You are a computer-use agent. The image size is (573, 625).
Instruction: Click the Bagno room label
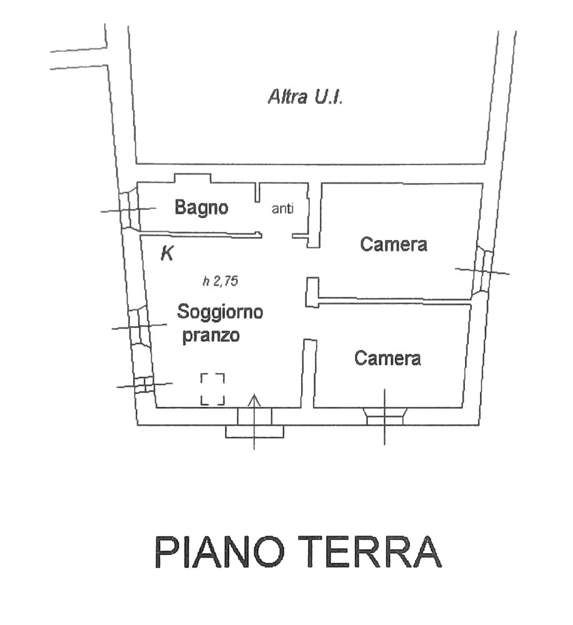tap(201, 208)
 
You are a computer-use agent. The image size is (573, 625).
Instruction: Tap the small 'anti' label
tap(282, 209)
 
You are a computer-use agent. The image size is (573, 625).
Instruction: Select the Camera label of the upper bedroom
tap(393, 244)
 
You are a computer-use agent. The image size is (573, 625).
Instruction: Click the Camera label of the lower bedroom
tap(387, 358)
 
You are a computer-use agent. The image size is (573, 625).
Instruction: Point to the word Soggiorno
tap(220, 312)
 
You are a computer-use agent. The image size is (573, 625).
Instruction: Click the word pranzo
tap(211, 336)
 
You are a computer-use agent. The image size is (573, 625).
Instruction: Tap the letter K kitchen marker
tap(167, 252)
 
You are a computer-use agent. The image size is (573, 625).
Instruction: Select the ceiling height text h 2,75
tap(221, 281)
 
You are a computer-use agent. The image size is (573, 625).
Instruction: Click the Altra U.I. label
tap(305, 97)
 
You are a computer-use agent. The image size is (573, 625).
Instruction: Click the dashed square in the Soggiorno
tap(213, 389)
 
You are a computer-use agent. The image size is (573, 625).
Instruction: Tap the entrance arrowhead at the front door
tap(254, 400)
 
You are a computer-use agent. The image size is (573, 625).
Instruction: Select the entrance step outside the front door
tap(254, 432)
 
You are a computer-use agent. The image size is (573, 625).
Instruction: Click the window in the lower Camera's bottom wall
tap(385, 416)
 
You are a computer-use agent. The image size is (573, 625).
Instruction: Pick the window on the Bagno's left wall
tap(130, 209)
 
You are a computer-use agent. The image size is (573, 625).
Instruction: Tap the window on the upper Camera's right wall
tap(482, 272)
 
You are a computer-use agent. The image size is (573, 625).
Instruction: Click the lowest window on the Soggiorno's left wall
tap(144, 384)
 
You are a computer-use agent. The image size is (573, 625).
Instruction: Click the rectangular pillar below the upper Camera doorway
tap(312, 292)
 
